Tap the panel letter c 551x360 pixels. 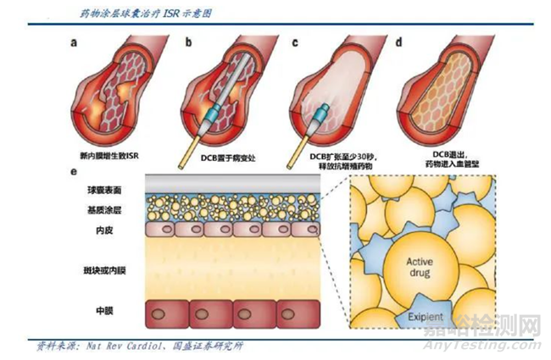[x=294, y=40]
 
